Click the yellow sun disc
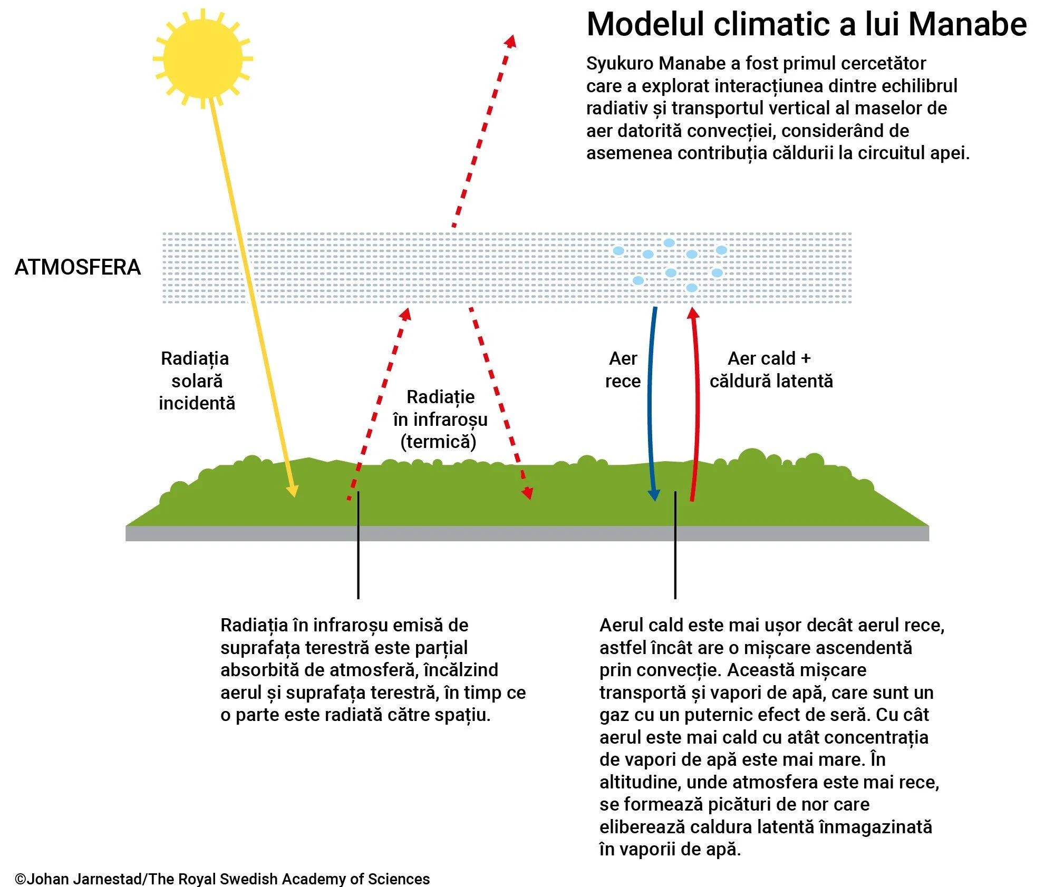202,59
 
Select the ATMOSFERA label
78,267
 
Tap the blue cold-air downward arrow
651,401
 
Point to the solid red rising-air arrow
697,401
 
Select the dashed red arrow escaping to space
482,132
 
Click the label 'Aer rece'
623,369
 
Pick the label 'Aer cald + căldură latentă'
770,369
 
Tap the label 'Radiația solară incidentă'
197,381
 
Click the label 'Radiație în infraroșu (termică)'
440,420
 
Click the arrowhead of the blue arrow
654,495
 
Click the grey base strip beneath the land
527,533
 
